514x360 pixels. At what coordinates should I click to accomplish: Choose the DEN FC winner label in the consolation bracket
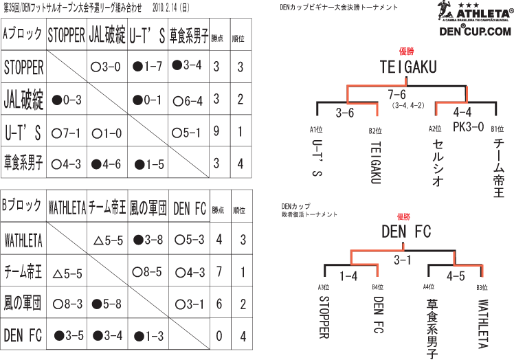pyautogui.click(x=405, y=232)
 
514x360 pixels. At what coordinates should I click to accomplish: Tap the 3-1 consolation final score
pyautogui.click(x=403, y=260)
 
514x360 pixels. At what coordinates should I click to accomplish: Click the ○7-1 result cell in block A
pyautogui.click(x=67, y=132)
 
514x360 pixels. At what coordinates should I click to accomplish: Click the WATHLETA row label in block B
pyautogui.click(x=24, y=240)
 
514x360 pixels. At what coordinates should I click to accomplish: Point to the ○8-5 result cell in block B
pyautogui.click(x=146, y=272)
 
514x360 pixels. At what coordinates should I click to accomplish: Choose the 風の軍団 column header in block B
pyautogui.click(x=147, y=207)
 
